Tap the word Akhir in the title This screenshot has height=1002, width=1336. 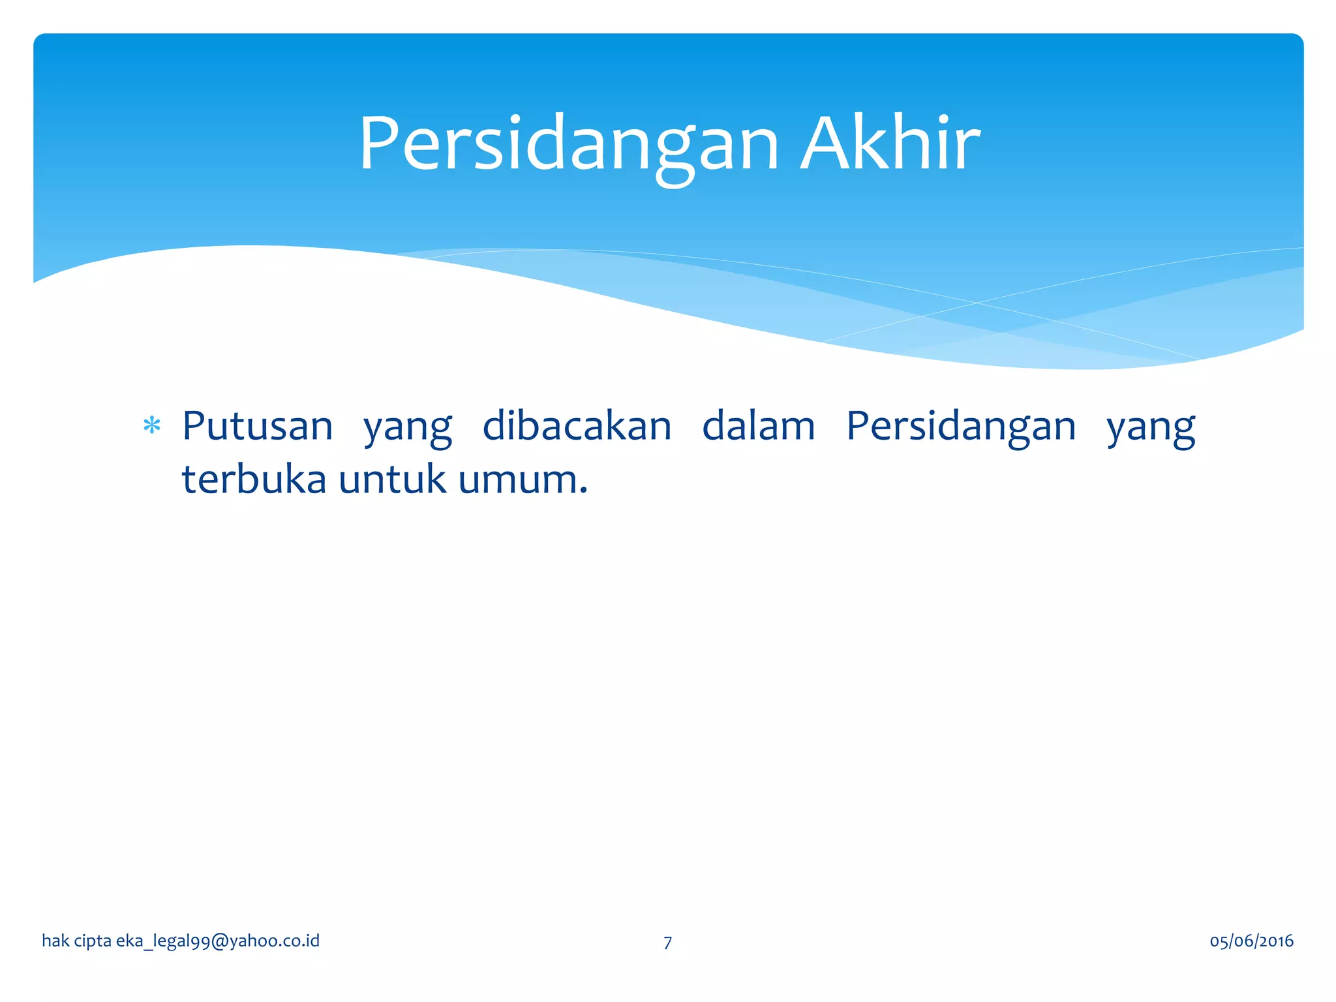coord(890,144)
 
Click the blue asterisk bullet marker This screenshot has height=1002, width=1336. coord(152,426)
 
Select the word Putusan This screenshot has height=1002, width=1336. coord(258,427)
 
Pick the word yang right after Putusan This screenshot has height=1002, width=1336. coord(408,429)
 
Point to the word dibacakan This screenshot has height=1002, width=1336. coord(577,427)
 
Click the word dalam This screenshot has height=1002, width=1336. coord(759,427)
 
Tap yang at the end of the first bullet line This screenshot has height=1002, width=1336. coord(1151,429)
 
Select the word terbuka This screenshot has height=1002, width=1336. coord(254,479)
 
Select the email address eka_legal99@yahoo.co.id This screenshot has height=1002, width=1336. coord(218,941)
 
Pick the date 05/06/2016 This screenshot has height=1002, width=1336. coord(1251,941)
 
